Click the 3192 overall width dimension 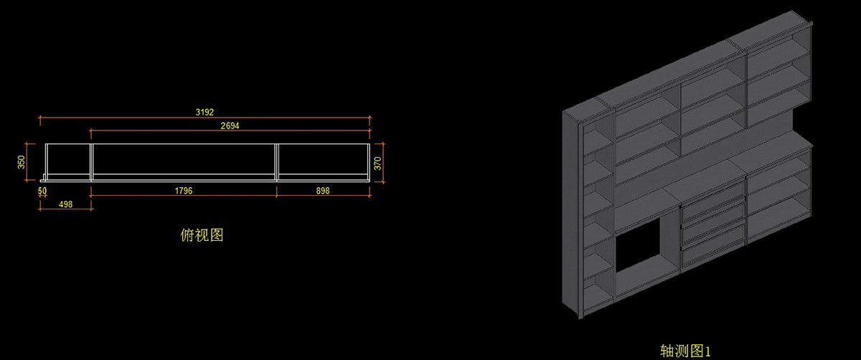(205, 112)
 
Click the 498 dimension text (65, 204)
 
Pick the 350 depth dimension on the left (21, 162)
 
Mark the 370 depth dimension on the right (378, 164)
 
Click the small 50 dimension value (42, 191)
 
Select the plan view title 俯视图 (202, 235)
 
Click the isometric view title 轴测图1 (684, 351)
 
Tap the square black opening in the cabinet (637, 244)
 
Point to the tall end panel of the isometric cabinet (571, 215)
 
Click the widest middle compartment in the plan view (184, 161)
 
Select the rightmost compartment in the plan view (322, 161)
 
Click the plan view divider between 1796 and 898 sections (276, 162)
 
